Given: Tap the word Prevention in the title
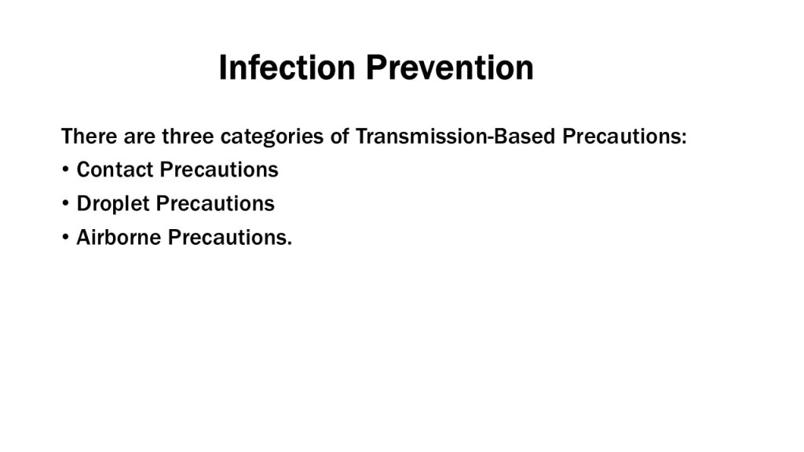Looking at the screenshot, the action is coord(450,67).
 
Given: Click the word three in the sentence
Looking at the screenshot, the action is coord(188,137).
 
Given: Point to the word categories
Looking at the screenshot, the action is coord(272,137).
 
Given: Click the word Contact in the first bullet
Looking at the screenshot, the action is coord(115,169).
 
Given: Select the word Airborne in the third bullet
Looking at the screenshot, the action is coord(119,237).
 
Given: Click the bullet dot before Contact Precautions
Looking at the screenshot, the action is coord(65,169).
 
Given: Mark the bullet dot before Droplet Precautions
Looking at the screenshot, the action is coord(65,203).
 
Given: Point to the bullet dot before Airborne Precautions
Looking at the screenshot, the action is coord(65,237).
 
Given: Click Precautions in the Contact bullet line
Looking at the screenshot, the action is coord(219,169).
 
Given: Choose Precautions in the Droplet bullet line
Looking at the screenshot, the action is coord(215,203).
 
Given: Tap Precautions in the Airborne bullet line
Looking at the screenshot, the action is coord(228,237).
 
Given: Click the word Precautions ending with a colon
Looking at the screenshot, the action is coord(622,137).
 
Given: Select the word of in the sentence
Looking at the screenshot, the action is coord(339,137).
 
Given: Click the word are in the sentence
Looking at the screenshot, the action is coord(140,138).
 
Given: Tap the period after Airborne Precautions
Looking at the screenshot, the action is coord(290,244).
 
